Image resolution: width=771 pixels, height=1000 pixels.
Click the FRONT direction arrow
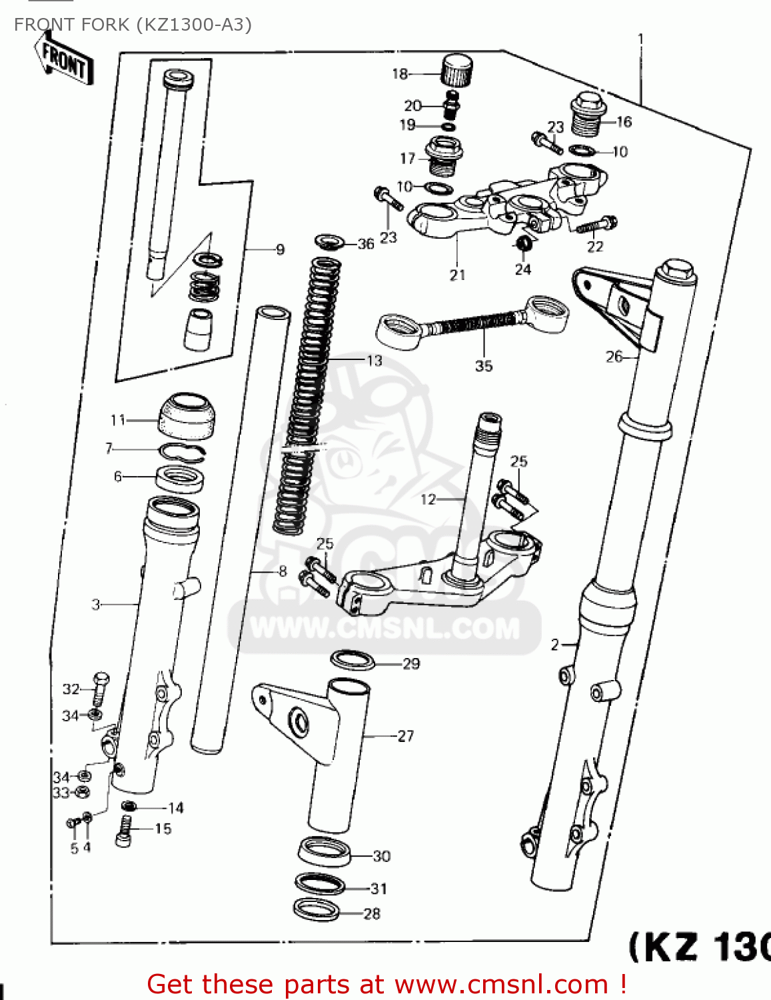64,59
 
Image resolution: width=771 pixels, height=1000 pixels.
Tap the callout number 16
624,122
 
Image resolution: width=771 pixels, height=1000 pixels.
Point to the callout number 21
457,275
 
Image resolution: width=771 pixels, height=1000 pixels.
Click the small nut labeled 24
524,243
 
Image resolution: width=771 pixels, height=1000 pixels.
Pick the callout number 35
484,366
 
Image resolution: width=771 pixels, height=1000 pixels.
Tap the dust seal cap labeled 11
187,417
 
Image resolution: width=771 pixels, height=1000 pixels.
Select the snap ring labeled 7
182,452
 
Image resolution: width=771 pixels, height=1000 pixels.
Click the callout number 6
118,477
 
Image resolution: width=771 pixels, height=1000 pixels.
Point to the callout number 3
96,605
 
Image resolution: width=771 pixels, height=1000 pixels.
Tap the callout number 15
163,829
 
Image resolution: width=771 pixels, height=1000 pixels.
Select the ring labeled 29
353,661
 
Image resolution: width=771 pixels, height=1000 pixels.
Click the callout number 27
406,736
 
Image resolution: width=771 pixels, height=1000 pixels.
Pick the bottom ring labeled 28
317,910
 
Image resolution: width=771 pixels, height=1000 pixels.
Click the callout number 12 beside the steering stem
428,499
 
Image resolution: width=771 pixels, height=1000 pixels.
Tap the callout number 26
614,357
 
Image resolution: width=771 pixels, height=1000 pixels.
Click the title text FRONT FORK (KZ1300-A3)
133,25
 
